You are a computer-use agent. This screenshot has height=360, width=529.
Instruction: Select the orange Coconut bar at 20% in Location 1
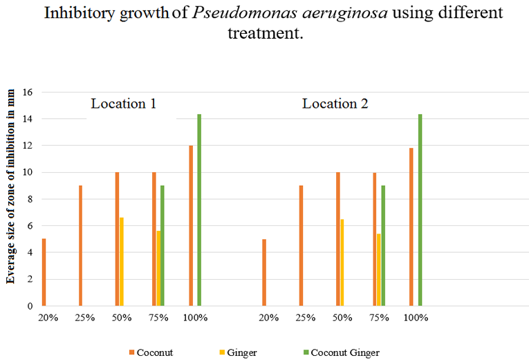click(x=44, y=272)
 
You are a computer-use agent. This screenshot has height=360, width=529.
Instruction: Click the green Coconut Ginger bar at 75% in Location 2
click(x=383, y=246)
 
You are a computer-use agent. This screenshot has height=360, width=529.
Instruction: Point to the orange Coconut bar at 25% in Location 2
click(x=301, y=245)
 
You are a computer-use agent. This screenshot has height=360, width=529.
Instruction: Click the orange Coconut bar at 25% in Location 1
click(x=80, y=245)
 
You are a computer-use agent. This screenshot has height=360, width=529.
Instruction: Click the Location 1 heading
click(x=123, y=104)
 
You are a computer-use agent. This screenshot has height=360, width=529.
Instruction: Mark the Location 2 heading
click(x=335, y=104)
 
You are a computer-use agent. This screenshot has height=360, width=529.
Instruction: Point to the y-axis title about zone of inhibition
click(x=11, y=198)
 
